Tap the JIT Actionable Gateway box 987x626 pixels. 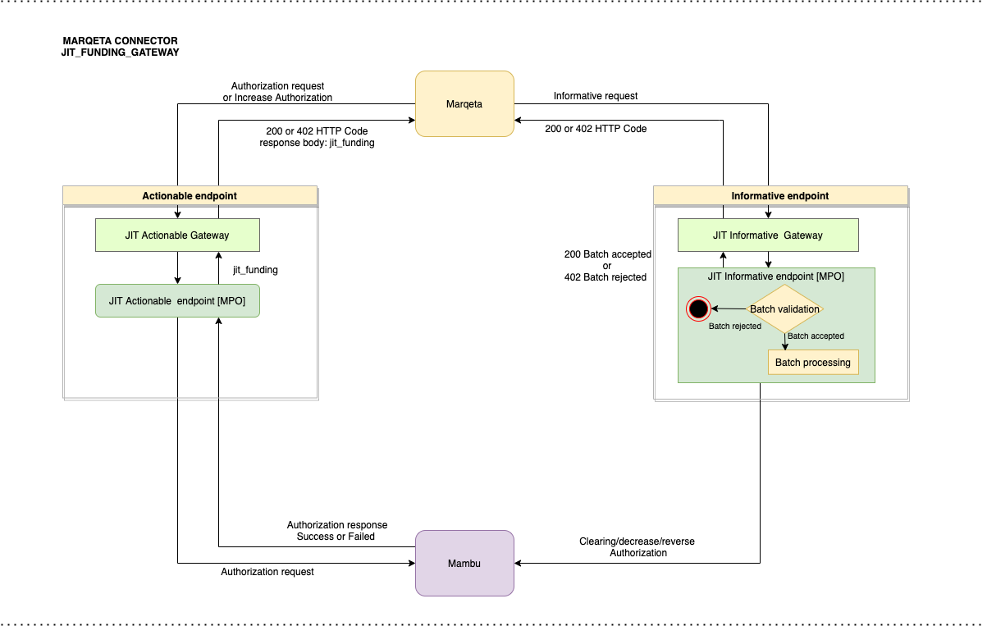click(177, 235)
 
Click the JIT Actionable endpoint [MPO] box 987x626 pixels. click(177, 301)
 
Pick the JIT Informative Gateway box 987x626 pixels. click(767, 235)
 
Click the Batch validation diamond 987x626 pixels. click(784, 309)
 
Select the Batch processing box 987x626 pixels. click(812, 362)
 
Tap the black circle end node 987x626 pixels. click(698, 309)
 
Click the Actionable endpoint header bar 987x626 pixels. click(190, 195)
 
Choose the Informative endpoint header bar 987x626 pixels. click(779, 195)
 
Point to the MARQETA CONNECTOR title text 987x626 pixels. click(120, 40)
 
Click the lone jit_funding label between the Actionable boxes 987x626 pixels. click(255, 269)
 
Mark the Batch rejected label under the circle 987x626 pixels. click(734, 326)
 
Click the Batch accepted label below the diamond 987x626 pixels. click(816, 336)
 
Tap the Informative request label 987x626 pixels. click(595, 96)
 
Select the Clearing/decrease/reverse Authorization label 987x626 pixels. click(637, 547)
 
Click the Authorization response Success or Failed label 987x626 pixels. click(336, 531)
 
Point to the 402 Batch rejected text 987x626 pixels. click(605, 277)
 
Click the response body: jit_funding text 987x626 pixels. click(317, 143)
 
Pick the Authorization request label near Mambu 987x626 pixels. click(267, 571)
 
